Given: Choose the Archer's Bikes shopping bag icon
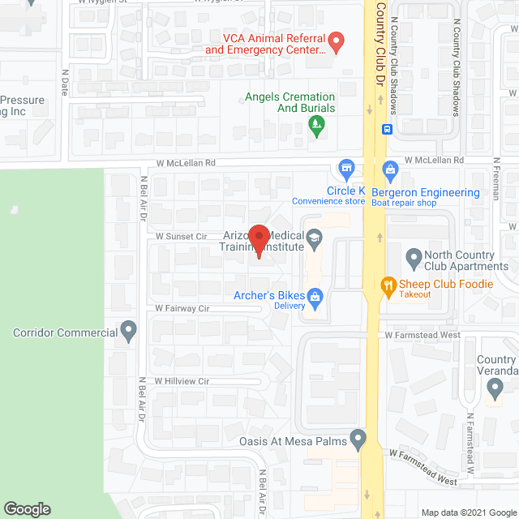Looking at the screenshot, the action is (315, 297).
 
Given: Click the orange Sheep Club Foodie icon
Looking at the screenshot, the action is (388, 285).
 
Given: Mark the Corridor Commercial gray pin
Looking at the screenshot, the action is (128, 331).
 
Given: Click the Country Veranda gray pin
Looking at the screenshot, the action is (495, 390).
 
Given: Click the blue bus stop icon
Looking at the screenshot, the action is (388, 128).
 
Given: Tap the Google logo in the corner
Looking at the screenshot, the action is (26, 508).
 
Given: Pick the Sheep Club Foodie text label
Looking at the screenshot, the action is (446, 284).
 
